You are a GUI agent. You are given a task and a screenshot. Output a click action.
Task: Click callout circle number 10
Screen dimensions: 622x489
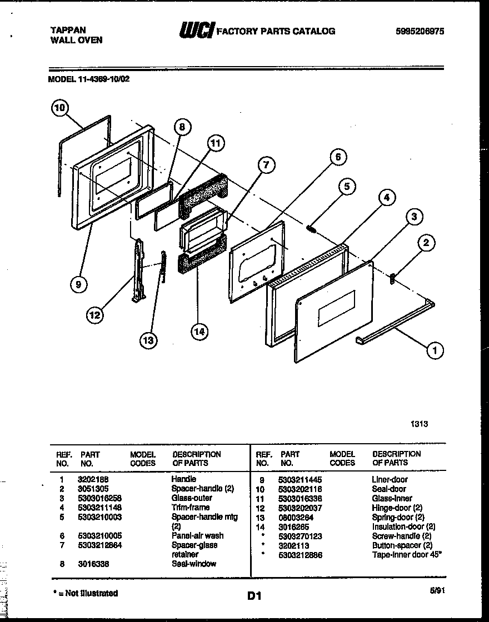61,108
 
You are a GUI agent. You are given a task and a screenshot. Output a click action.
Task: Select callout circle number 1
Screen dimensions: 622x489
435,350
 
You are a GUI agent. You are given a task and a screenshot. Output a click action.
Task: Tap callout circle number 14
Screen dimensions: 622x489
198,332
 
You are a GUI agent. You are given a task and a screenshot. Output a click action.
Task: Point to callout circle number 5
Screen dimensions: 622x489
346,187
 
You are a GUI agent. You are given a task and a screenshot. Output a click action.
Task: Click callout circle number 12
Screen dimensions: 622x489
95,315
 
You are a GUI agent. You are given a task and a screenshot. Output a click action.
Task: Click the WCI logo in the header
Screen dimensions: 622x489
196,31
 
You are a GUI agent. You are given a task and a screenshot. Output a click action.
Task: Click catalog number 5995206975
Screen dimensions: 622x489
420,31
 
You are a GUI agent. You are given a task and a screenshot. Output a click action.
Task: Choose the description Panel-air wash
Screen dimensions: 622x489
197,535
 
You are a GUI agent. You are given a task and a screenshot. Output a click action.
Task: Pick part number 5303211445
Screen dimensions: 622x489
300,479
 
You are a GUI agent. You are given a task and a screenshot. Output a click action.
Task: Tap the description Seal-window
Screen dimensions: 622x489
194,564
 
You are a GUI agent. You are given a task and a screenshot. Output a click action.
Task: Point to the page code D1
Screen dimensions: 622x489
254,596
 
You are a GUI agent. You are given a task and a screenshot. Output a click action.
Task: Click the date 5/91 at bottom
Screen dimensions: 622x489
437,591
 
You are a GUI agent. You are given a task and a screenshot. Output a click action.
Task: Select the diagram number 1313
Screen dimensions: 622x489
419,423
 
